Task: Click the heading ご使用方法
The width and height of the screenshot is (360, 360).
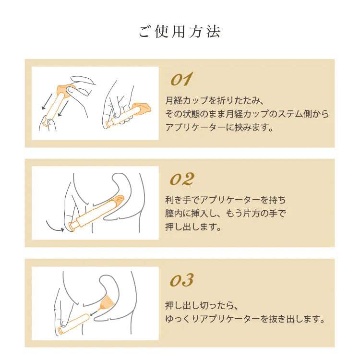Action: pyautogui.click(x=180, y=31)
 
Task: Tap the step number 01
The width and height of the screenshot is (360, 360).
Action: pyautogui.click(x=181, y=79)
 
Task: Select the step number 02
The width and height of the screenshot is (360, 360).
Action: pyautogui.click(x=182, y=179)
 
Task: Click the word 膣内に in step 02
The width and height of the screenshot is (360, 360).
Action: pyautogui.click(x=178, y=213)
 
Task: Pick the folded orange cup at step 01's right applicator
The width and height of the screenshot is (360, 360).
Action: pyautogui.click(x=142, y=108)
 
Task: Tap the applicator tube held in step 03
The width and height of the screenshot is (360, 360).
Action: pyautogui.click(x=74, y=324)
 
